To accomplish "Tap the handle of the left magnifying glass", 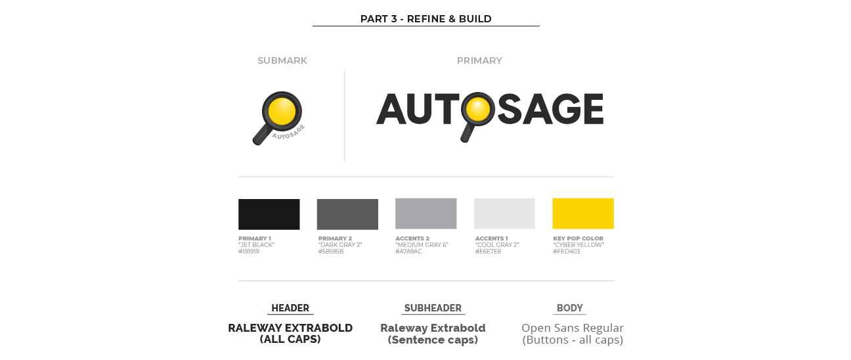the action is pos(261,137).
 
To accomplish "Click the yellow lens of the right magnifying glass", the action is pos(477,108).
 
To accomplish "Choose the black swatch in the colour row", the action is pos(276,217).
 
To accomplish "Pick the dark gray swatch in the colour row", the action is pos(355,217).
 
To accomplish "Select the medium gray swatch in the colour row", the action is pos(434,217).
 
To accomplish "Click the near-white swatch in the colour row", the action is pos(513,217).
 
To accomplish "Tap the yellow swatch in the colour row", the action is pos(701,217).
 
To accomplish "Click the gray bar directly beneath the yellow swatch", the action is pos(701,255).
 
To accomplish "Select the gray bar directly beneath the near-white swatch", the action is pos(513,255).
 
